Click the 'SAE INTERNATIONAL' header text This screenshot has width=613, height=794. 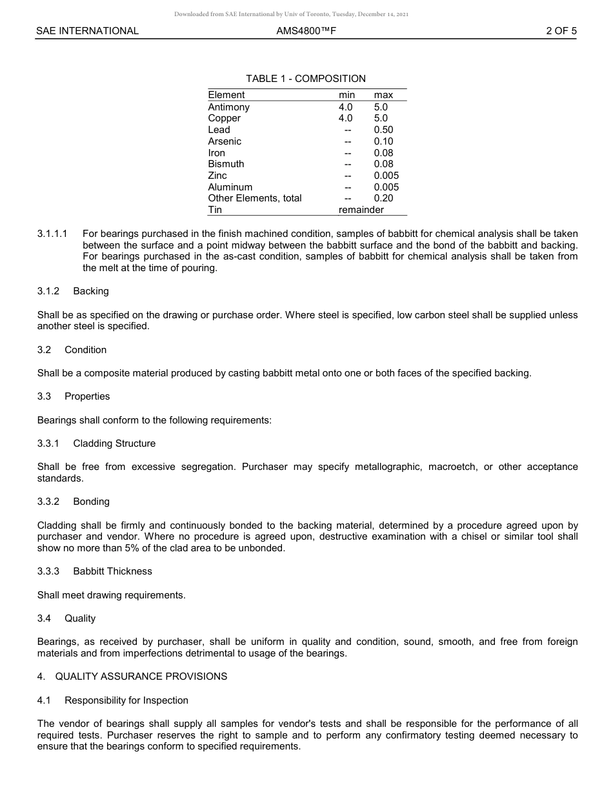pyautogui.click(x=87, y=31)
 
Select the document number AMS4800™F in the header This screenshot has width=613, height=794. pyautogui.click(x=306, y=31)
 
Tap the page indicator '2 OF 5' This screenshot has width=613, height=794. pyautogui.click(x=561, y=31)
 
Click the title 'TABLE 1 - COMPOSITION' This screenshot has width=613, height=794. pyautogui.click(x=306, y=79)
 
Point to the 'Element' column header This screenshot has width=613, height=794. pyautogui.click(x=226, y=95)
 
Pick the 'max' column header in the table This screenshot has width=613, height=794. pyautogui.click(x=383, y=95)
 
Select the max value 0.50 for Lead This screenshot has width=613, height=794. pyautogui.click(x=383, y=130)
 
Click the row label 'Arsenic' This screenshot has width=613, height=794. pyautogui.click(x=225, y=141)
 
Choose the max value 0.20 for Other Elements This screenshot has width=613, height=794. pyautogui.click(x=383, y=198)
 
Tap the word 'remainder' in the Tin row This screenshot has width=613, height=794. pyautogui.click(x=361, y=210)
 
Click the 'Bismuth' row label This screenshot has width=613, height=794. pyautogui.click(x=226, y=164)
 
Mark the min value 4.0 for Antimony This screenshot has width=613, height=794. pyautogui.click(x=346, y=107)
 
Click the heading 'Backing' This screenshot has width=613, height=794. pyautogui.click(x=91, y=291)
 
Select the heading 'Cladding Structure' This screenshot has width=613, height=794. pyautogui.click(x=114, y=443)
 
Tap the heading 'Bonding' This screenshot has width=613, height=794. pyautogui.click(x=91, y=502)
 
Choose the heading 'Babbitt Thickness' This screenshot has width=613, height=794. pyautogui.click(x=112, y=571)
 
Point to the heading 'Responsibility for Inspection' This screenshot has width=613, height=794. pyautogui.click(x=126, y=700)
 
